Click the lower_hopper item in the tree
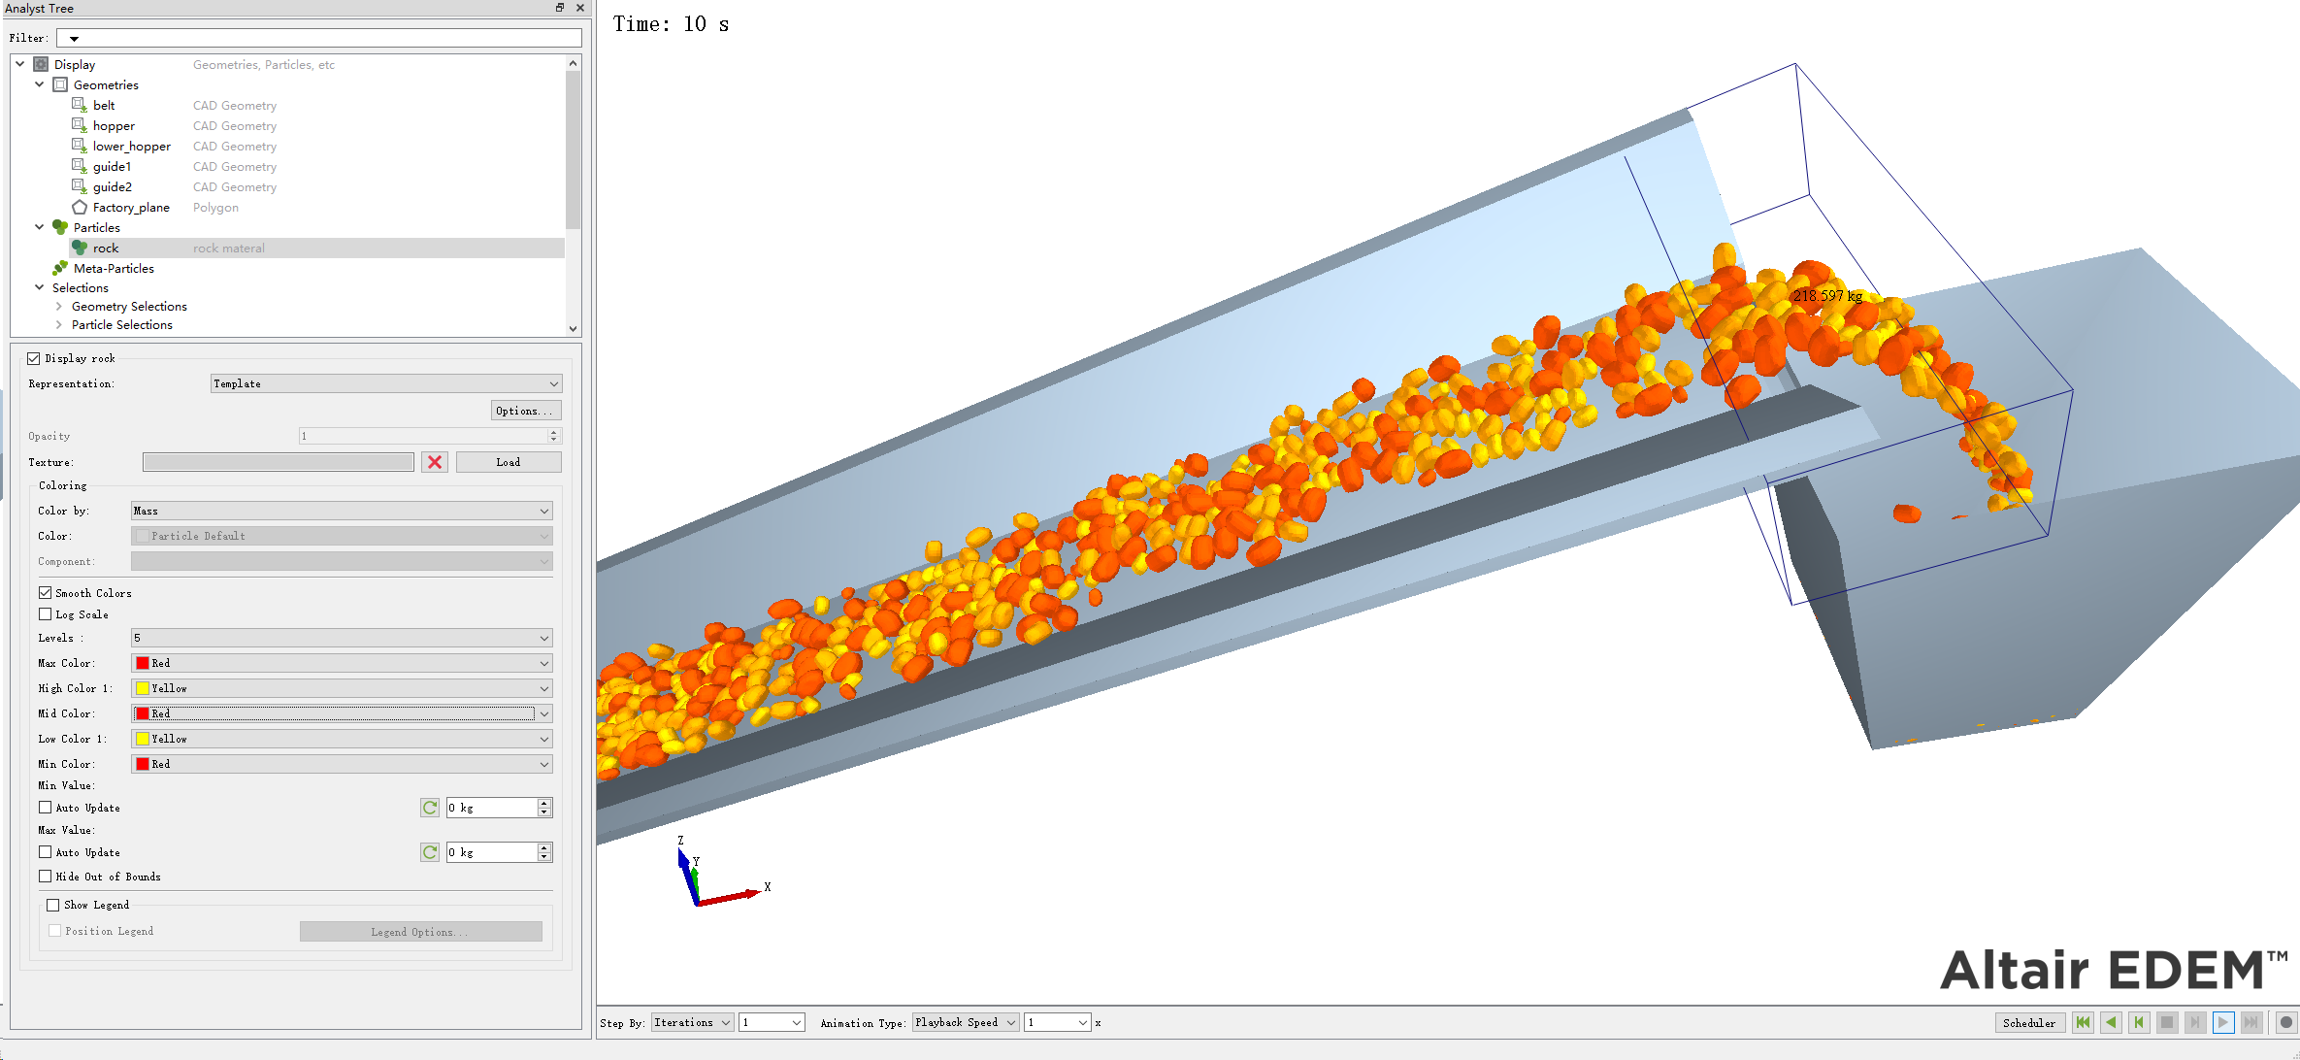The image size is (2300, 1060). pyautogui.click(x=131, y=147)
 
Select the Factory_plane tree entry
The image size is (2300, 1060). pyautogui.click(x=131, y=208)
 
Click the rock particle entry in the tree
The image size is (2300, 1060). pyautogui.click(x=106, y=248)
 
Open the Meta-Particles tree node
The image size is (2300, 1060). pyautogui.click(x=114, y=269)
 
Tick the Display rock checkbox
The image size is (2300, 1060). pyautogui.click(x=34, y=359)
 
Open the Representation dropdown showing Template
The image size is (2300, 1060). pyautogui.click(x=386, y=384)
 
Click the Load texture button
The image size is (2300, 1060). pyautogui.click(x=509, y=463)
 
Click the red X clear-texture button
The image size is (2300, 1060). pyautogui.click(x=435, y=463)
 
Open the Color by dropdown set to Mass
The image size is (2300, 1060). pyautogui.click(x=342, y=512)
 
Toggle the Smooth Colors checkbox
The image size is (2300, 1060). pyautogui.click(x=46, y=593)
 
